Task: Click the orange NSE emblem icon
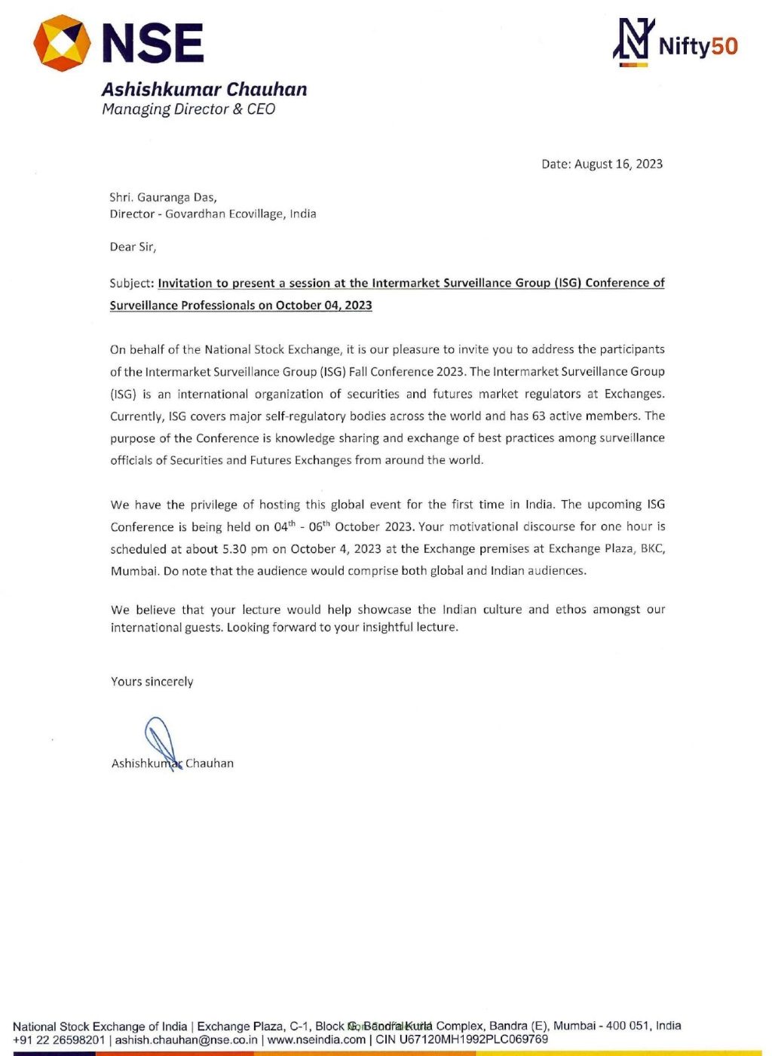tap(62, 43)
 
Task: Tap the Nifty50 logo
tap(675, 44)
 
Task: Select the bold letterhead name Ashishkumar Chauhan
tap(204, 90)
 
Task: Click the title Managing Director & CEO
tap(188, 109)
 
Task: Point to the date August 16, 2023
tap(618, 164)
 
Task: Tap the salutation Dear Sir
tap(133, 247)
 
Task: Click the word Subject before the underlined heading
tap(131, 283)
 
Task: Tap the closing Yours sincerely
tap(152, 682)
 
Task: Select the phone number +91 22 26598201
tap(59, 1039)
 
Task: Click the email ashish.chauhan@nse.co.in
tap(186, 1039)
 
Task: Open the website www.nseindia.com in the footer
tap(317, 1039)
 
